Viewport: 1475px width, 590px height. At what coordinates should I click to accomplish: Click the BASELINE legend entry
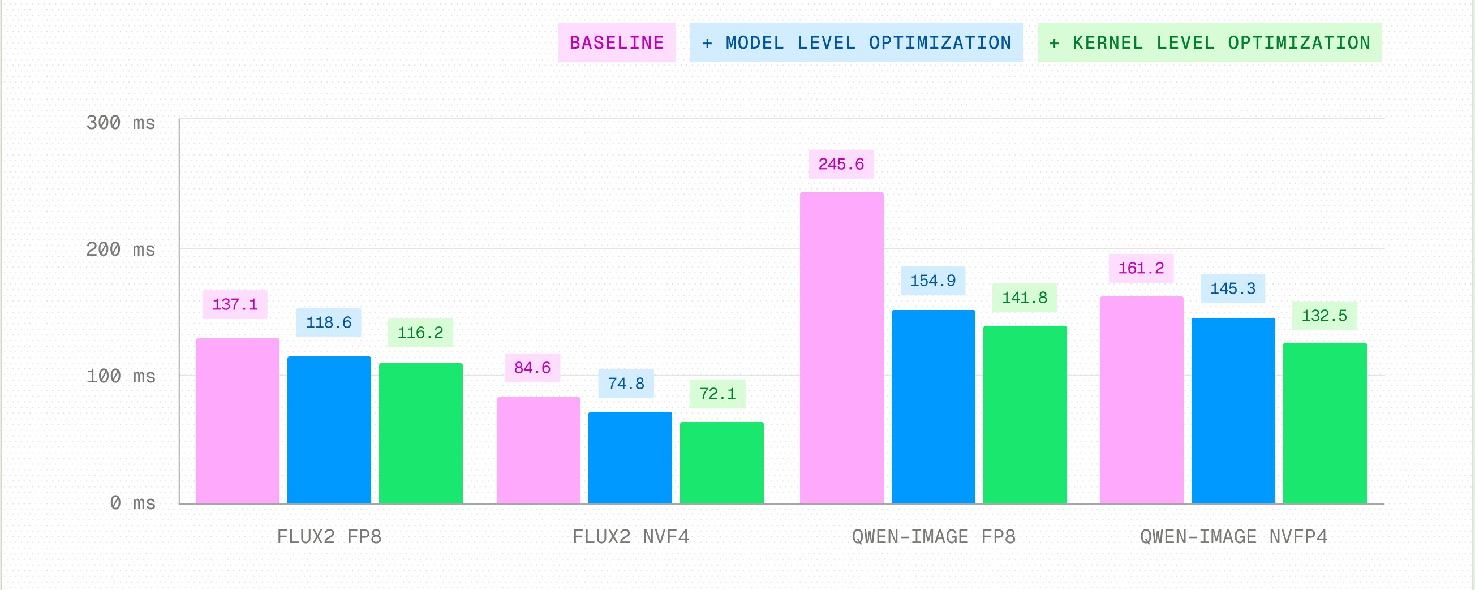(x=617, y=42)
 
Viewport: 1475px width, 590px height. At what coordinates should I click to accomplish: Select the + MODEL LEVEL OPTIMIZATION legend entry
(x=857, y=42)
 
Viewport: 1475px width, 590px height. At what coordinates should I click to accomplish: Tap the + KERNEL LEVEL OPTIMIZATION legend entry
(x=1209, y=42)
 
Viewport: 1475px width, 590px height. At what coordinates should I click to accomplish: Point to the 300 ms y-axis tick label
(x=121, y=122)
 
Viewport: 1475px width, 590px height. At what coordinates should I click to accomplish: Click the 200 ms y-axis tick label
(x=121, y=249)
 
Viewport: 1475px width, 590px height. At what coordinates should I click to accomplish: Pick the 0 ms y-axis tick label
(x=133, y=503)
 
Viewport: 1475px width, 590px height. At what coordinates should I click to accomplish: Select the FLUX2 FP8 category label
(x=329, y=537)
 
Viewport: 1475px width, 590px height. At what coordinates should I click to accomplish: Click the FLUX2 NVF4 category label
(x=630, y=537)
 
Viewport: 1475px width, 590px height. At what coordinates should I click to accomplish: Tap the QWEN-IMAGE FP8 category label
(x=934, y=537)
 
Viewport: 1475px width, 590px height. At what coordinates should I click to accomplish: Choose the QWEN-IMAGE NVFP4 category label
(x=1233, y=537)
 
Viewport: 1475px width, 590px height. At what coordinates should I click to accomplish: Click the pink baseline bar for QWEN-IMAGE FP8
(x=842, y=348)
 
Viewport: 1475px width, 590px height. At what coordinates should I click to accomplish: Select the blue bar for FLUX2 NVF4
(x=630, y=458)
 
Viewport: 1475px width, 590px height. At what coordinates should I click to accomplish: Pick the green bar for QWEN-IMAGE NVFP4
(x=1325, y=424)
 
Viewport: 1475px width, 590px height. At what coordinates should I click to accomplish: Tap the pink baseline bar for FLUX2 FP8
(x=238, y=421)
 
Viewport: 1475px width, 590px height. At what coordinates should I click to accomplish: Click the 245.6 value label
(x=841, y=164)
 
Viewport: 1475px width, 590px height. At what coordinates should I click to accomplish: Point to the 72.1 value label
(x=717, y=394)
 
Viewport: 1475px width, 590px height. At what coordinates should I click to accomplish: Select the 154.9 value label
(x=933, y=281)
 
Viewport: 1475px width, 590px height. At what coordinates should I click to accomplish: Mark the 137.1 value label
(x=235, y=304)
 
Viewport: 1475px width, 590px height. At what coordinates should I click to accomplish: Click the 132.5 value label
(x=1325, y=315)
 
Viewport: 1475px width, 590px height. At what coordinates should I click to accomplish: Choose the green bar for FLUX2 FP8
(x=421, y=434)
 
